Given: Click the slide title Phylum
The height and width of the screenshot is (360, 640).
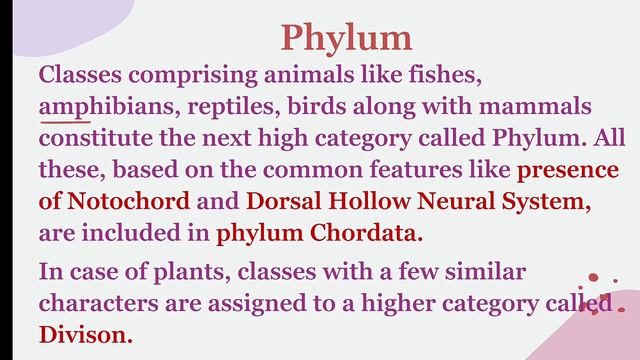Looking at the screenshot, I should pyautogui.click(x=346, y=37).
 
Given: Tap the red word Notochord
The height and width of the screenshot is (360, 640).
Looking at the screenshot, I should pyautogui.click(x=128, y=201).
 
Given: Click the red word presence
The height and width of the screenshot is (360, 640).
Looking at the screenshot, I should pyautogui.click(x=567, y=169).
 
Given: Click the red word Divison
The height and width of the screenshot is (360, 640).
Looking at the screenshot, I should pyautogui.click(x=85, y=335).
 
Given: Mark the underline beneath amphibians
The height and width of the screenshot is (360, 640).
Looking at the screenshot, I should pyautogui.click(x=59, y=120).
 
